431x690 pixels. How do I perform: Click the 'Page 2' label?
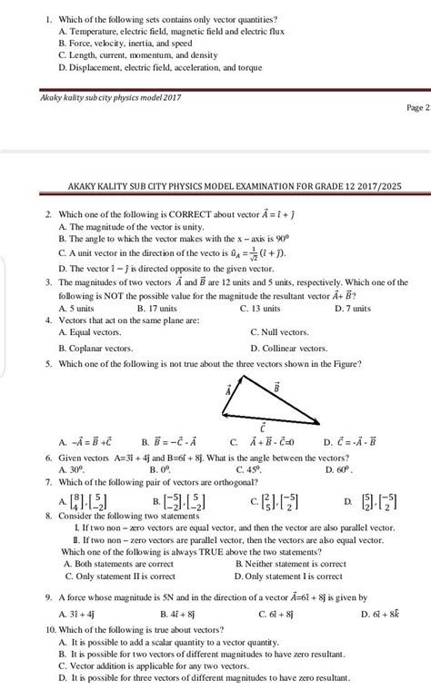[416, 107]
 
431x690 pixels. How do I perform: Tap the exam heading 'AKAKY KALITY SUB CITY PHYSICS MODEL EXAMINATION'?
[236, 188]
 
